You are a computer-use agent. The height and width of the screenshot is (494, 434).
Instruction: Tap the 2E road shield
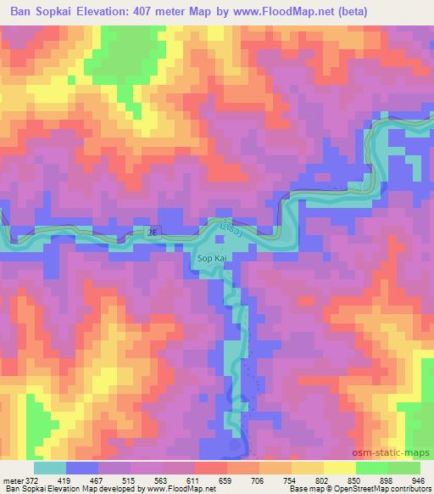point(152,231)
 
